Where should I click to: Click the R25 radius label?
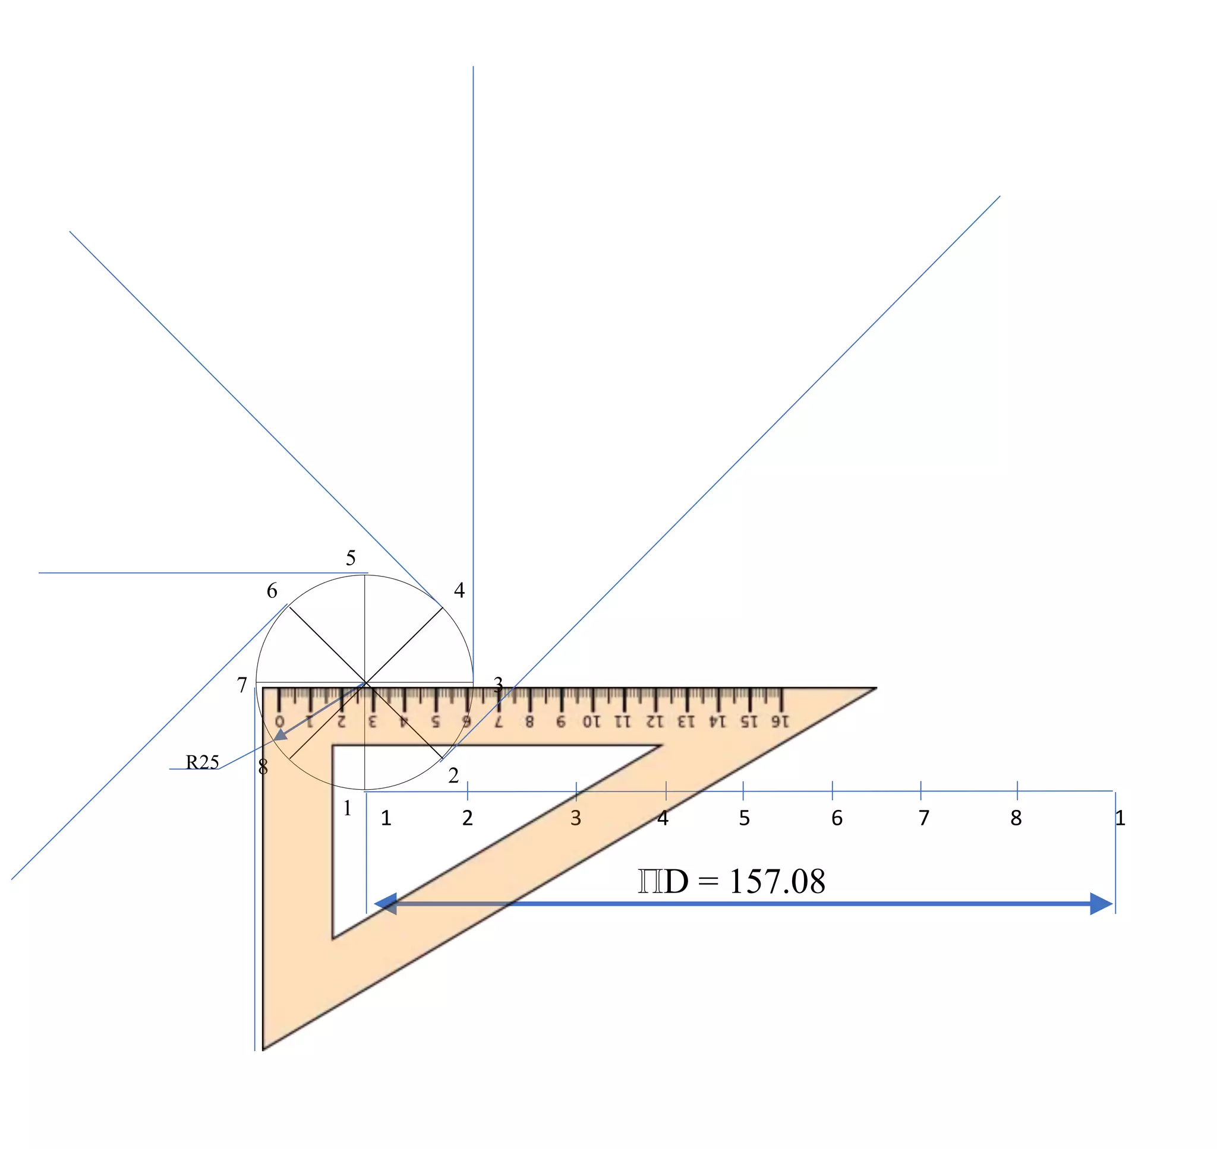(202, 762)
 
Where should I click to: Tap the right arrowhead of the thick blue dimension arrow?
(1101, 904)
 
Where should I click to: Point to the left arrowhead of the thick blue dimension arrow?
(386, 904)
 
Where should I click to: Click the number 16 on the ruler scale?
(780, 721)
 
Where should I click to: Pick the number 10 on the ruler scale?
(591, 721)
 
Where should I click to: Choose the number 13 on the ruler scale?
(686, 721)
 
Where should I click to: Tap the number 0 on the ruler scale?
(279, 721)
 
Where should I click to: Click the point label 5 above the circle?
(351, 558)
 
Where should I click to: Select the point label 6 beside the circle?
(272, 590)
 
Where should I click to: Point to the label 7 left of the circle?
(242, 685)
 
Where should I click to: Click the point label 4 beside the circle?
(459, 590)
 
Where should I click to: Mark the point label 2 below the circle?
(453, 776)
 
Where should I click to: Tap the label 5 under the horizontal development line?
(744, 818)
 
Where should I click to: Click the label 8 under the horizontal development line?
(1016, 818)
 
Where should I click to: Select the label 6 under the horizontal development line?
(837, 818)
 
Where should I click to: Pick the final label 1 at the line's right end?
(1120, 818)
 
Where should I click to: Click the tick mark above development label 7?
(921, 791)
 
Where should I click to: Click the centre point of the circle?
(365, 682)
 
